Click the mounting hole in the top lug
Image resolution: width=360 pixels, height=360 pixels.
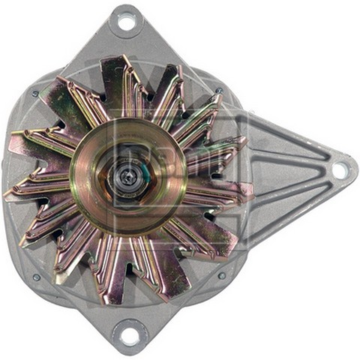[x=126, y=22]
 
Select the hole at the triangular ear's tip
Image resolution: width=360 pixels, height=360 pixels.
[x=339, y=170]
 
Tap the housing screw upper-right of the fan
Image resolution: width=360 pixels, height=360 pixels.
[x=219, y=91]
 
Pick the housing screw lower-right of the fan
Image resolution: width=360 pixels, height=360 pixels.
[x=221, y=275]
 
